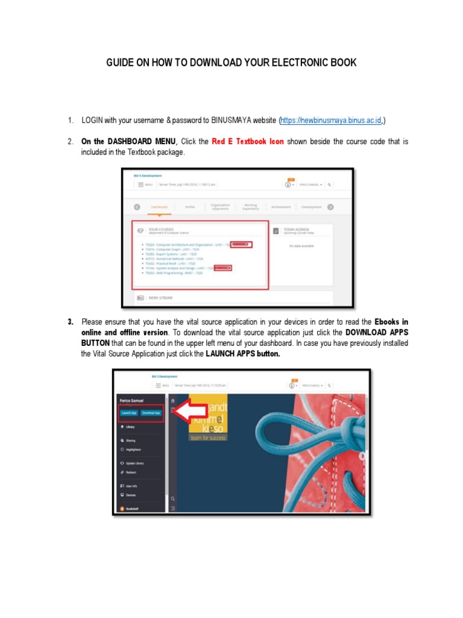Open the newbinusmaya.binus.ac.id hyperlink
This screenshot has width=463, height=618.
(x=331, y=121)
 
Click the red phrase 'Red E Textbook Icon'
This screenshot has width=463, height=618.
(x=248, y=141)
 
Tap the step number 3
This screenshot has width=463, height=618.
(x=71, y=321)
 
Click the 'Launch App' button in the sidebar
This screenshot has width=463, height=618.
(x=128, y=413)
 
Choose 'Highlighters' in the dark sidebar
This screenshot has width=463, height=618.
(x=134, y=450)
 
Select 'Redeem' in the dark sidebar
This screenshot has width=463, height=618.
(x=131, y=472)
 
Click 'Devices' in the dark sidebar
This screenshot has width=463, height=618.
(x=130, y=495)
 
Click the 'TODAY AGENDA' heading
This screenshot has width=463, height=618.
(x=297, y=229)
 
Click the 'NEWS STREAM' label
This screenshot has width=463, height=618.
(x=161, y=298)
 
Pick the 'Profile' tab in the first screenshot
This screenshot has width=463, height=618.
(x=190, y=207)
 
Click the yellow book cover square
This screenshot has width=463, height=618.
(x=208, y=417)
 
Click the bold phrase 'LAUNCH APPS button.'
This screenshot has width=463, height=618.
(x=243, y=354)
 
